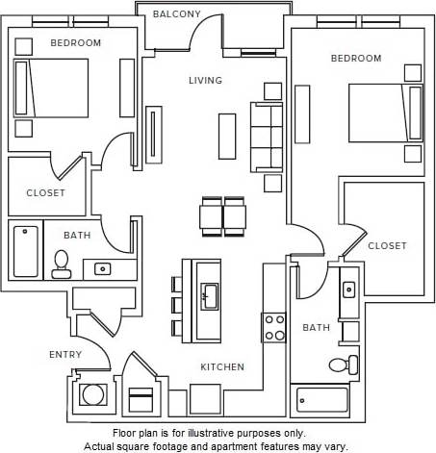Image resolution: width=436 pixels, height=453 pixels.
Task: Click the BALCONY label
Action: [x=176, y=14]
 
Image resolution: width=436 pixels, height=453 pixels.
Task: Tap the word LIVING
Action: [x=205, y=81]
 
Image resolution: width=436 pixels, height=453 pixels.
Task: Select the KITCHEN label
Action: [x=221, y=367]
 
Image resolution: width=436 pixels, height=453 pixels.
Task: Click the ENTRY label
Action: [x=65, y=355]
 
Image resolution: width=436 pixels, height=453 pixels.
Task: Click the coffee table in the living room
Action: [x=227, y=136]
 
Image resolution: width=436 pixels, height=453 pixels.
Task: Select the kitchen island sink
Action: [x=208, y=296]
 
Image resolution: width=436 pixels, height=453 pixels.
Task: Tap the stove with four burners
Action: [x=274, y=327]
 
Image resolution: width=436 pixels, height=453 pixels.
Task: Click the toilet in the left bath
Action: [x=62, y=264]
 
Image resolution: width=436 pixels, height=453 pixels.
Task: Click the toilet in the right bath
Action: [x=341, y=365]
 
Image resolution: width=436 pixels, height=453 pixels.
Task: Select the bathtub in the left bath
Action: [x=25, y=250]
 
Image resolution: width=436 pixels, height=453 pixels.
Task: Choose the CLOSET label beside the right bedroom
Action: [x=387, y=246]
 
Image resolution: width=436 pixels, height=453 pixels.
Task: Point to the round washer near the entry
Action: [x=93, y=394]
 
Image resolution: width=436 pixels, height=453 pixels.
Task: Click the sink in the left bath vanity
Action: [x=102, y=268]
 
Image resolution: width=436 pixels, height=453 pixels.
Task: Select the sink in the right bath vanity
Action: [x=349, y=288]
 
